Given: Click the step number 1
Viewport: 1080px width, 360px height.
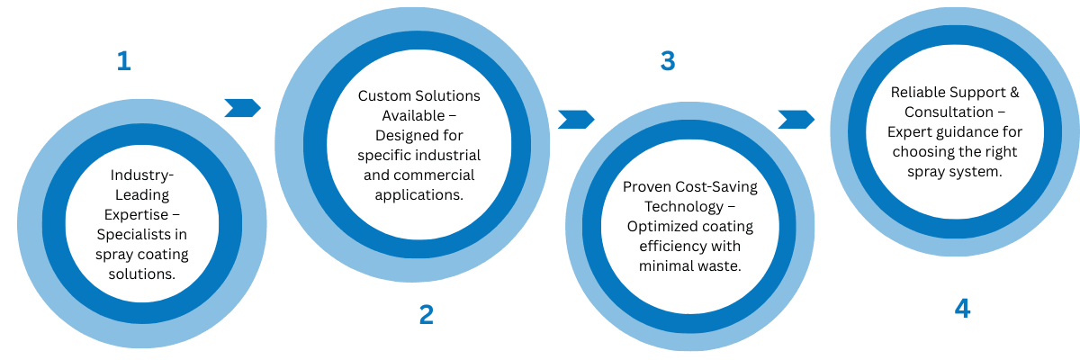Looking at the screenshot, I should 123,61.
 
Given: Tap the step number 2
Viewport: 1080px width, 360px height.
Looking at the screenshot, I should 426,314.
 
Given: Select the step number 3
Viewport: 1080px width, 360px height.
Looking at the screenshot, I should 667,61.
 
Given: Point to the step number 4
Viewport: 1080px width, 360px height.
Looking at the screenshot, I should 962,309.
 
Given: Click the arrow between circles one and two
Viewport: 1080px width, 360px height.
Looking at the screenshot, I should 242,108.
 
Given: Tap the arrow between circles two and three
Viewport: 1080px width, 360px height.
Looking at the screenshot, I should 576,119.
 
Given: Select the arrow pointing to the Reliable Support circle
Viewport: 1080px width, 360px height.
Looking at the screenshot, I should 796,119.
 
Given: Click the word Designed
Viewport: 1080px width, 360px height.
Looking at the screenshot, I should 400,135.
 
